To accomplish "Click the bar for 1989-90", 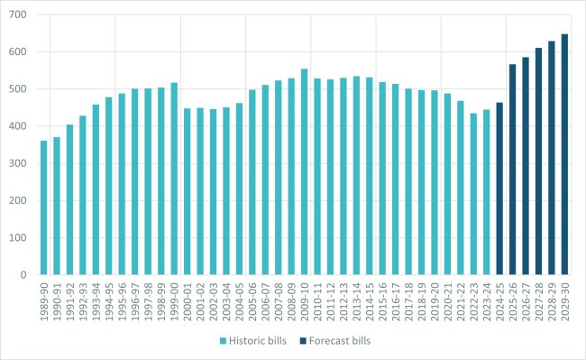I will point(43,208).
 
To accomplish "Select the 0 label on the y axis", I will point(24,274).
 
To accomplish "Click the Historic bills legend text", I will point(263,340).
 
